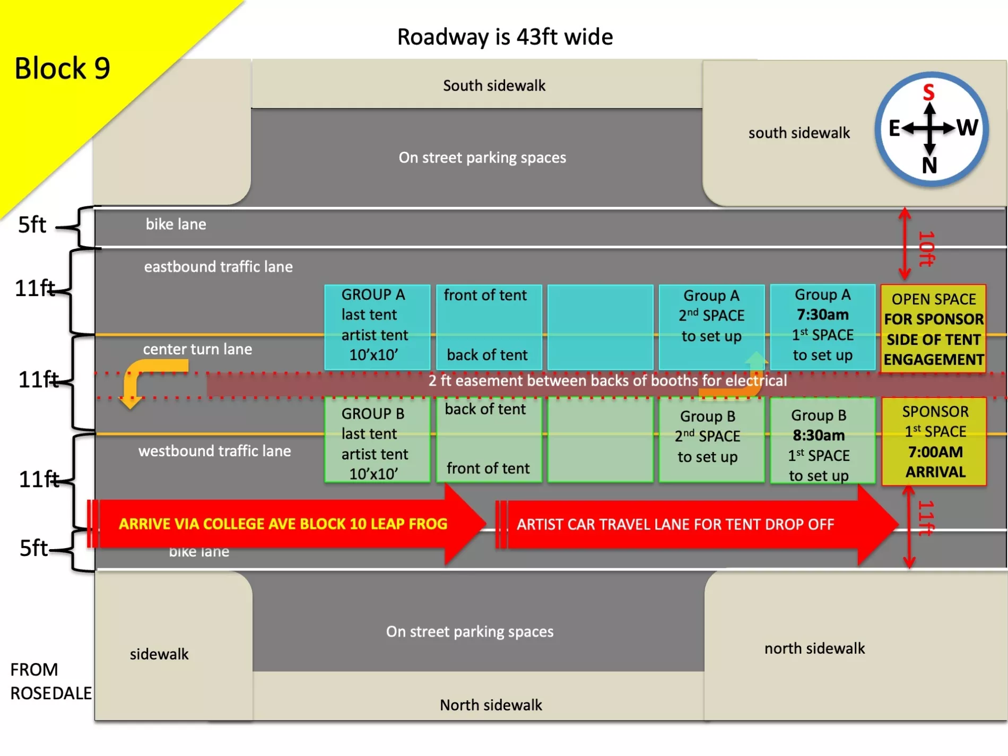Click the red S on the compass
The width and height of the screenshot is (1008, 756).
928,92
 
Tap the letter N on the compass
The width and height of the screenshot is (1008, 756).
929,166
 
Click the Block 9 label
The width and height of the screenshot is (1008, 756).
62,68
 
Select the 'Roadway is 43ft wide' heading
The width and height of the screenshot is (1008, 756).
505,37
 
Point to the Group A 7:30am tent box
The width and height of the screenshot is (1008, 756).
822,326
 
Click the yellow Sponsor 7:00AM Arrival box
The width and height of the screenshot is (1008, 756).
935,441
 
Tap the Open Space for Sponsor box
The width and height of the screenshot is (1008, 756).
934,329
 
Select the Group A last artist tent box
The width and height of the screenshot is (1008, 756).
376,325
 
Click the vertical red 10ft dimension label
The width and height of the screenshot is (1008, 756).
926,248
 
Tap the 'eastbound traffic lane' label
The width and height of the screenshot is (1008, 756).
218,266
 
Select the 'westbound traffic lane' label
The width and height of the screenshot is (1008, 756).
214,451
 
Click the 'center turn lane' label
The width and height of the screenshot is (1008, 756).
197,349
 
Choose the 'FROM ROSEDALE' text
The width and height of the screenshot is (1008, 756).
50,681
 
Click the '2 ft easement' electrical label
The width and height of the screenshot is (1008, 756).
607,381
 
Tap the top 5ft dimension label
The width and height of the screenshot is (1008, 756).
32,225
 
